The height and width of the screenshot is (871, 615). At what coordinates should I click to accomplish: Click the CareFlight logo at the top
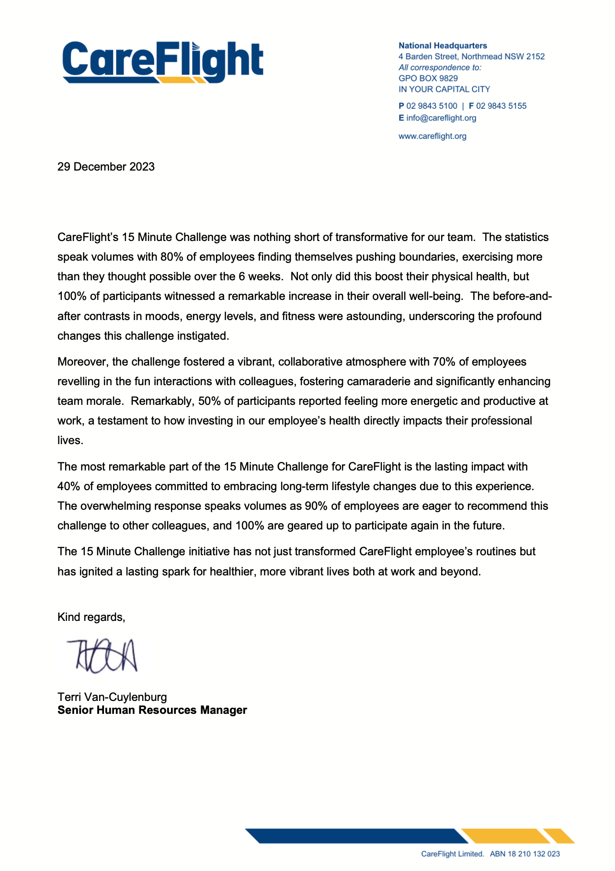(x=163, y=62)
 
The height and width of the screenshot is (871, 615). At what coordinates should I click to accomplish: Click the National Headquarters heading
(x=443, y=46)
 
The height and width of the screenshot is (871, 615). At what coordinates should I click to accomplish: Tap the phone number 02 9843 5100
(x=432, y=106)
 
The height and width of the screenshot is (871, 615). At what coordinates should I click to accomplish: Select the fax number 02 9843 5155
(x=501, y=106)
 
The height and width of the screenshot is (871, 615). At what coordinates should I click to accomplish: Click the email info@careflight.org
(x=441, y=118)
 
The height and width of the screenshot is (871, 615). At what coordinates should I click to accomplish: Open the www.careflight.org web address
(x=432, y=136)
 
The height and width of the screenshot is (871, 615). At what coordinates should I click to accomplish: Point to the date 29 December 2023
(x=106, y=167)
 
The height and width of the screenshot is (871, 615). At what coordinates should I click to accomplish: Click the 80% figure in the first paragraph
(x=171, y=257)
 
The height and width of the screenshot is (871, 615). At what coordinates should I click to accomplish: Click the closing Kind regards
(x=91, y=617)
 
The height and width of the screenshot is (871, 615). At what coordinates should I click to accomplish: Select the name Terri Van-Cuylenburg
(x=112, y=697)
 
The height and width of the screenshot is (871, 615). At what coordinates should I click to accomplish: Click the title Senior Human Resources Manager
(x=152, y=710)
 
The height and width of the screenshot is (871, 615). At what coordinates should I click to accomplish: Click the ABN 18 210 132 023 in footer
(x=524, y=854)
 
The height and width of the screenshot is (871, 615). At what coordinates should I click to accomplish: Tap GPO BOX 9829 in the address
(x=428, y=79)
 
